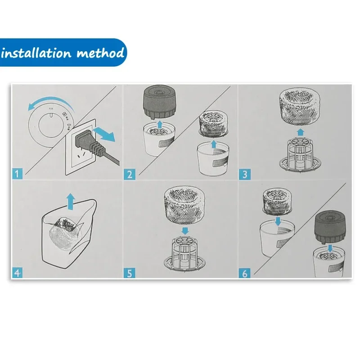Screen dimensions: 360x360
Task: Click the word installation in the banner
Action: point(36,53)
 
